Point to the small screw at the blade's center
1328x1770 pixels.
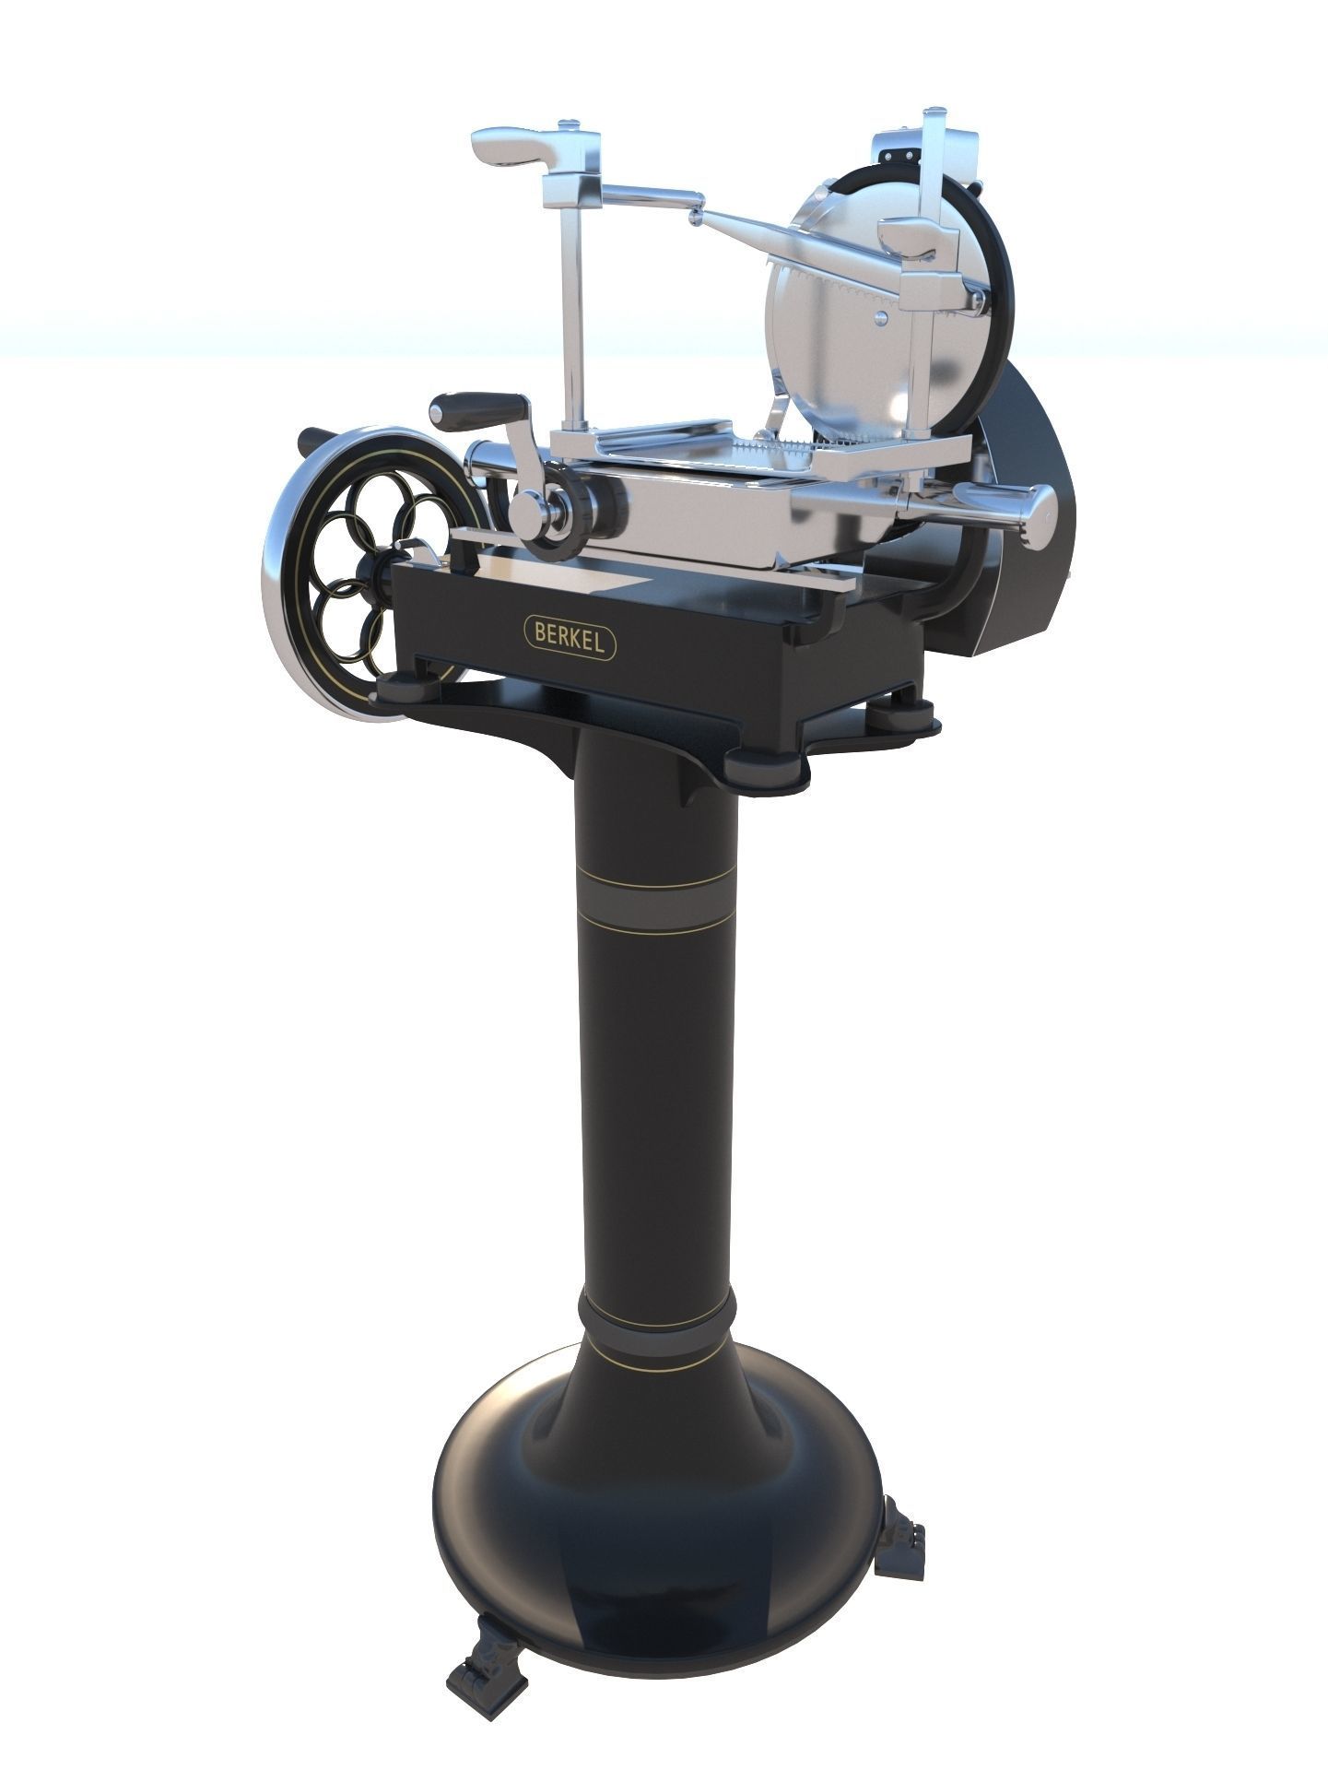click(882, 317)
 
